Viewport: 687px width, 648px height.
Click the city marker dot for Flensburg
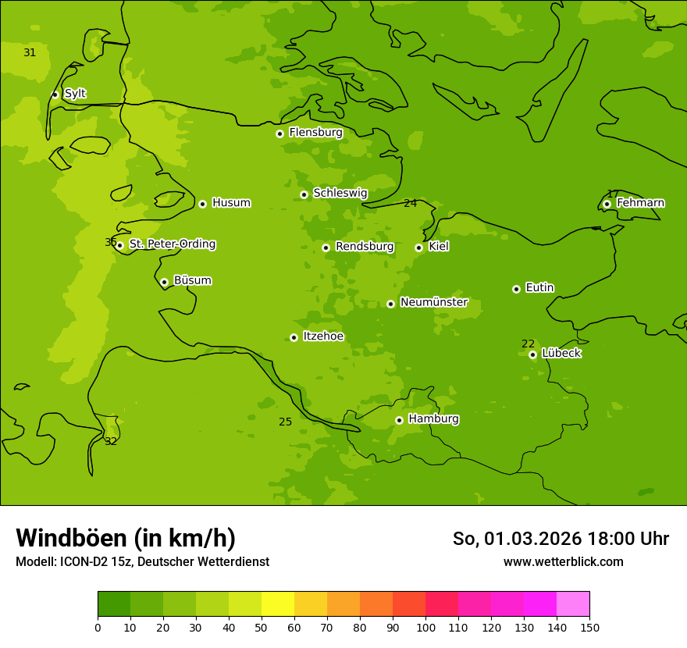(279, 134)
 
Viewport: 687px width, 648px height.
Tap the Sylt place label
(75, 94)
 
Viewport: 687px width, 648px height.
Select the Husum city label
(231, 203)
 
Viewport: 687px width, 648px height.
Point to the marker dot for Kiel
(418, 247)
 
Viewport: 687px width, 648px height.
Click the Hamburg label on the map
(433, 419)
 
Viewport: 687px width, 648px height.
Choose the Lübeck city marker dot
(532, 354)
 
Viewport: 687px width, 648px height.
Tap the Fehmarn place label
(640, 203)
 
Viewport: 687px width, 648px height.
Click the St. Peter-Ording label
(172, 244)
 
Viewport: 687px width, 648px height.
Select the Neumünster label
(434, 302)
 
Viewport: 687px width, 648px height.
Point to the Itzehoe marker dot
(294, 337)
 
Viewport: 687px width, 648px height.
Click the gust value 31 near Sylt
(30, 53)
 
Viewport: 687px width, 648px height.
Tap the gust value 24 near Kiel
(410, 204)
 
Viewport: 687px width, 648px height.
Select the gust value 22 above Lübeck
(529, 344)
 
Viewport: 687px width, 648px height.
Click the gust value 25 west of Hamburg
(286, 422)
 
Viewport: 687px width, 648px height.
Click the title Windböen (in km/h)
(126, 538)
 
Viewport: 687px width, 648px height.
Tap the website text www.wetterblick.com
(563, 561)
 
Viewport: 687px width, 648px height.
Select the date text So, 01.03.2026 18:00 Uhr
(561, 539)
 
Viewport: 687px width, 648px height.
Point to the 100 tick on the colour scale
(425, 627)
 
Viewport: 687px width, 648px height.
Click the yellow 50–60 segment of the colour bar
(278, 604)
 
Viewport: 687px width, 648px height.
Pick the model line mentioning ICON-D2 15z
(142, 561)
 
